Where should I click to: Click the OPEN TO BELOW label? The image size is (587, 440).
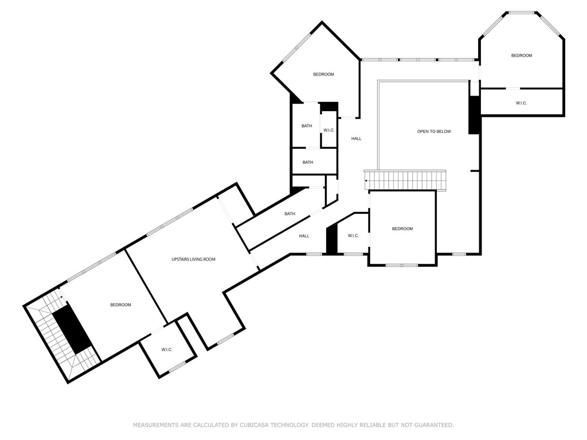434,132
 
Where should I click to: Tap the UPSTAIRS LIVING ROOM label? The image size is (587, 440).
193,260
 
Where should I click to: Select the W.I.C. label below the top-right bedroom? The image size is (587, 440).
521,103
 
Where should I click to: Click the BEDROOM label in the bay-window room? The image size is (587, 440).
522,56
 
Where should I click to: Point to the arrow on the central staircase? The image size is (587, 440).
367,181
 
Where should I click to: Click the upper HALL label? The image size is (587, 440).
357,139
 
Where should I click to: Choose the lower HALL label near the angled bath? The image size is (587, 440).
304,236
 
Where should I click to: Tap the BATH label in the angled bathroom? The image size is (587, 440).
290,214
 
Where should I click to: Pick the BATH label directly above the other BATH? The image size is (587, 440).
307,126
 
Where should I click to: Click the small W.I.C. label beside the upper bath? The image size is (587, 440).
329,131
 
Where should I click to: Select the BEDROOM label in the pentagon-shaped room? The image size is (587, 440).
323,74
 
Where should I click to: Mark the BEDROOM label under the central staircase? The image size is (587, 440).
402,229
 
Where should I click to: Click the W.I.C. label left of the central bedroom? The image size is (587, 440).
353,236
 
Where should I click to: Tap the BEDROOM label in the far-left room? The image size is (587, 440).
120,305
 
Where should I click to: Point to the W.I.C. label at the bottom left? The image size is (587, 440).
167,349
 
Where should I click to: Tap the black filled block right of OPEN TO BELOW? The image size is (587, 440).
474,115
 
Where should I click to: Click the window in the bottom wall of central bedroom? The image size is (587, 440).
402,265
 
